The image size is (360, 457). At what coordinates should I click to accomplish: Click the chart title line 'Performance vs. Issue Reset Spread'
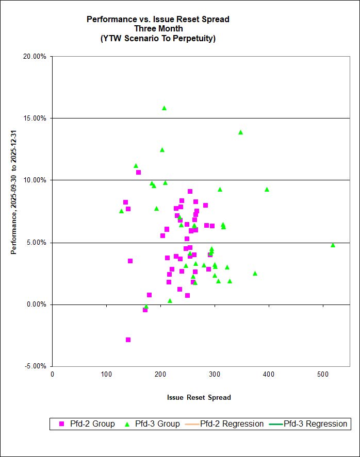158,20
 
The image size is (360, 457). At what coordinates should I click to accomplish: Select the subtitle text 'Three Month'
158,29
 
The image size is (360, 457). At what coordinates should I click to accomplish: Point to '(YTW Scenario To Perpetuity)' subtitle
158,38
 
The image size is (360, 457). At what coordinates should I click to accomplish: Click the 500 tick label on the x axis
322,374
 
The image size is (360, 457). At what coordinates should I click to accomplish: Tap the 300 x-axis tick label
214,374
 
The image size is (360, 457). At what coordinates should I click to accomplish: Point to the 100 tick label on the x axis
106,374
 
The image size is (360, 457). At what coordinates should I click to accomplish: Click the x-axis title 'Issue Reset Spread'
199,397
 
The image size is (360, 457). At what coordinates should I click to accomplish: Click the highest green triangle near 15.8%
164,108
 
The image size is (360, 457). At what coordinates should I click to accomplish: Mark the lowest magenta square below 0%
128,340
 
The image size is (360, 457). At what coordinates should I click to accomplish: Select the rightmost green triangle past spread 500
333,245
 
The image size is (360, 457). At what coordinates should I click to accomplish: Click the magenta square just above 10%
138,172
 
